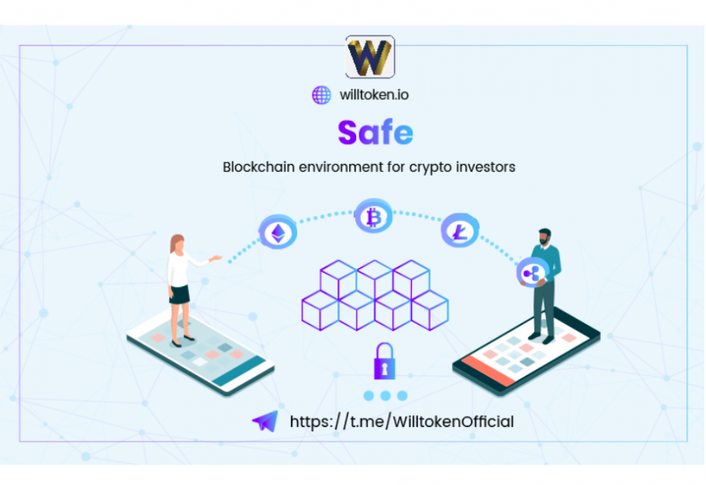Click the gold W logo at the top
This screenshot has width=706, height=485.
pos(369,57)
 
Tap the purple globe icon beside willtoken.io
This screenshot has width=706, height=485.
pos(322,95)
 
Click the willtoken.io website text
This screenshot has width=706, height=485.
pos(374,95)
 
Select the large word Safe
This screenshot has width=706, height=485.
pos(375,133)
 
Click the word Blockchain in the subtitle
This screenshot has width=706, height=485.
pos(258,167)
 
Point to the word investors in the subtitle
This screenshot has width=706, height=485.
pos(486,167)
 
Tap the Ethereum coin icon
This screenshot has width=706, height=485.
pos(278,232)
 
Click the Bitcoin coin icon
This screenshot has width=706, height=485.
pos(373,216)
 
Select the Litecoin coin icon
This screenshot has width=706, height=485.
pos(460,231)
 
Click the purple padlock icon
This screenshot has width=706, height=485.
pos(384,361)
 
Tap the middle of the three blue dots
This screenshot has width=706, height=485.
pos(385,396)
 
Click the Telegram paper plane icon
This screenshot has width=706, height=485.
pos(266,421)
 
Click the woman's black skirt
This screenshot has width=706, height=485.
pos(180,294)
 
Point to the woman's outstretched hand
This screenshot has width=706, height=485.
pos(217,258)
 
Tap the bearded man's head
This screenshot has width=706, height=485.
pos(545,237)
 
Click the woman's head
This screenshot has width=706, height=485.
pos(178,243)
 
